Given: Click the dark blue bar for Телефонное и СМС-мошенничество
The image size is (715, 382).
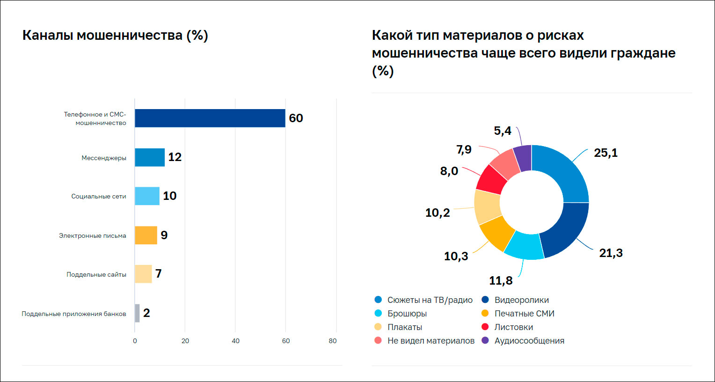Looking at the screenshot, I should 210,118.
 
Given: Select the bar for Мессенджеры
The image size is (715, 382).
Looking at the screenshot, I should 150,157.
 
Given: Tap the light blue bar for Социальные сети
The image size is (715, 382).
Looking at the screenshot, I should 147,196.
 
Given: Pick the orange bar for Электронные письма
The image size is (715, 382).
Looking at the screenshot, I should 146,235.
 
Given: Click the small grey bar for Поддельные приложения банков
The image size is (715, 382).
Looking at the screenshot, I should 137,313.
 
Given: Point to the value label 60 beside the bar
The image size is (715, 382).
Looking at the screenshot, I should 296,118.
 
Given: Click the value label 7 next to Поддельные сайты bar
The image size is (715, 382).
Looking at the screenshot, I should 159,274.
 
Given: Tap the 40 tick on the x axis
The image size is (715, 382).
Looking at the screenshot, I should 235,341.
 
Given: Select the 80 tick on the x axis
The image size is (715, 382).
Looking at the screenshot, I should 333,341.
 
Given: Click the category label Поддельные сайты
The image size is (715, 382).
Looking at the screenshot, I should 96,275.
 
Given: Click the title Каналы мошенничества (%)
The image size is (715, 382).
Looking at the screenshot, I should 115,36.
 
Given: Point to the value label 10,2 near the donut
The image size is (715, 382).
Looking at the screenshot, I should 438,213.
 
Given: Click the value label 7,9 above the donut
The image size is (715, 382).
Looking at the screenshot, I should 464,150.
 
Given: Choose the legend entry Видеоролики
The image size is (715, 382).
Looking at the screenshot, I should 521,300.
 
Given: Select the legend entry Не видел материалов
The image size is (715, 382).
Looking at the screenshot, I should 430,341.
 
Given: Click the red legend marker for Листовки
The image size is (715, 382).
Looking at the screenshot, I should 485,327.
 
